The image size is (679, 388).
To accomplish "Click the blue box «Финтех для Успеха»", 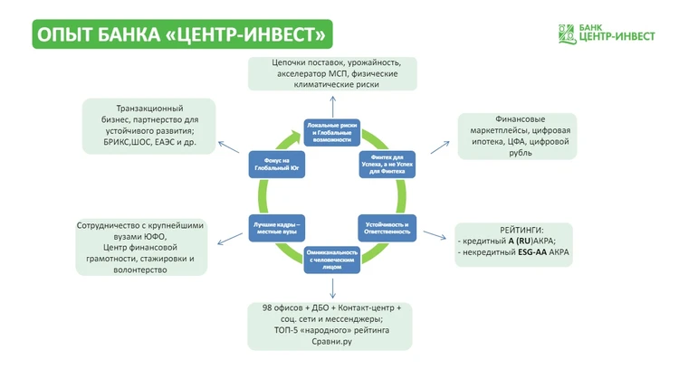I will [x=387, y=164].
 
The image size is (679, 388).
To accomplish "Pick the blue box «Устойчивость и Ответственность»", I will [x=387, y=227].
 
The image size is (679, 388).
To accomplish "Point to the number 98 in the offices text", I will [x=268, y=308].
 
